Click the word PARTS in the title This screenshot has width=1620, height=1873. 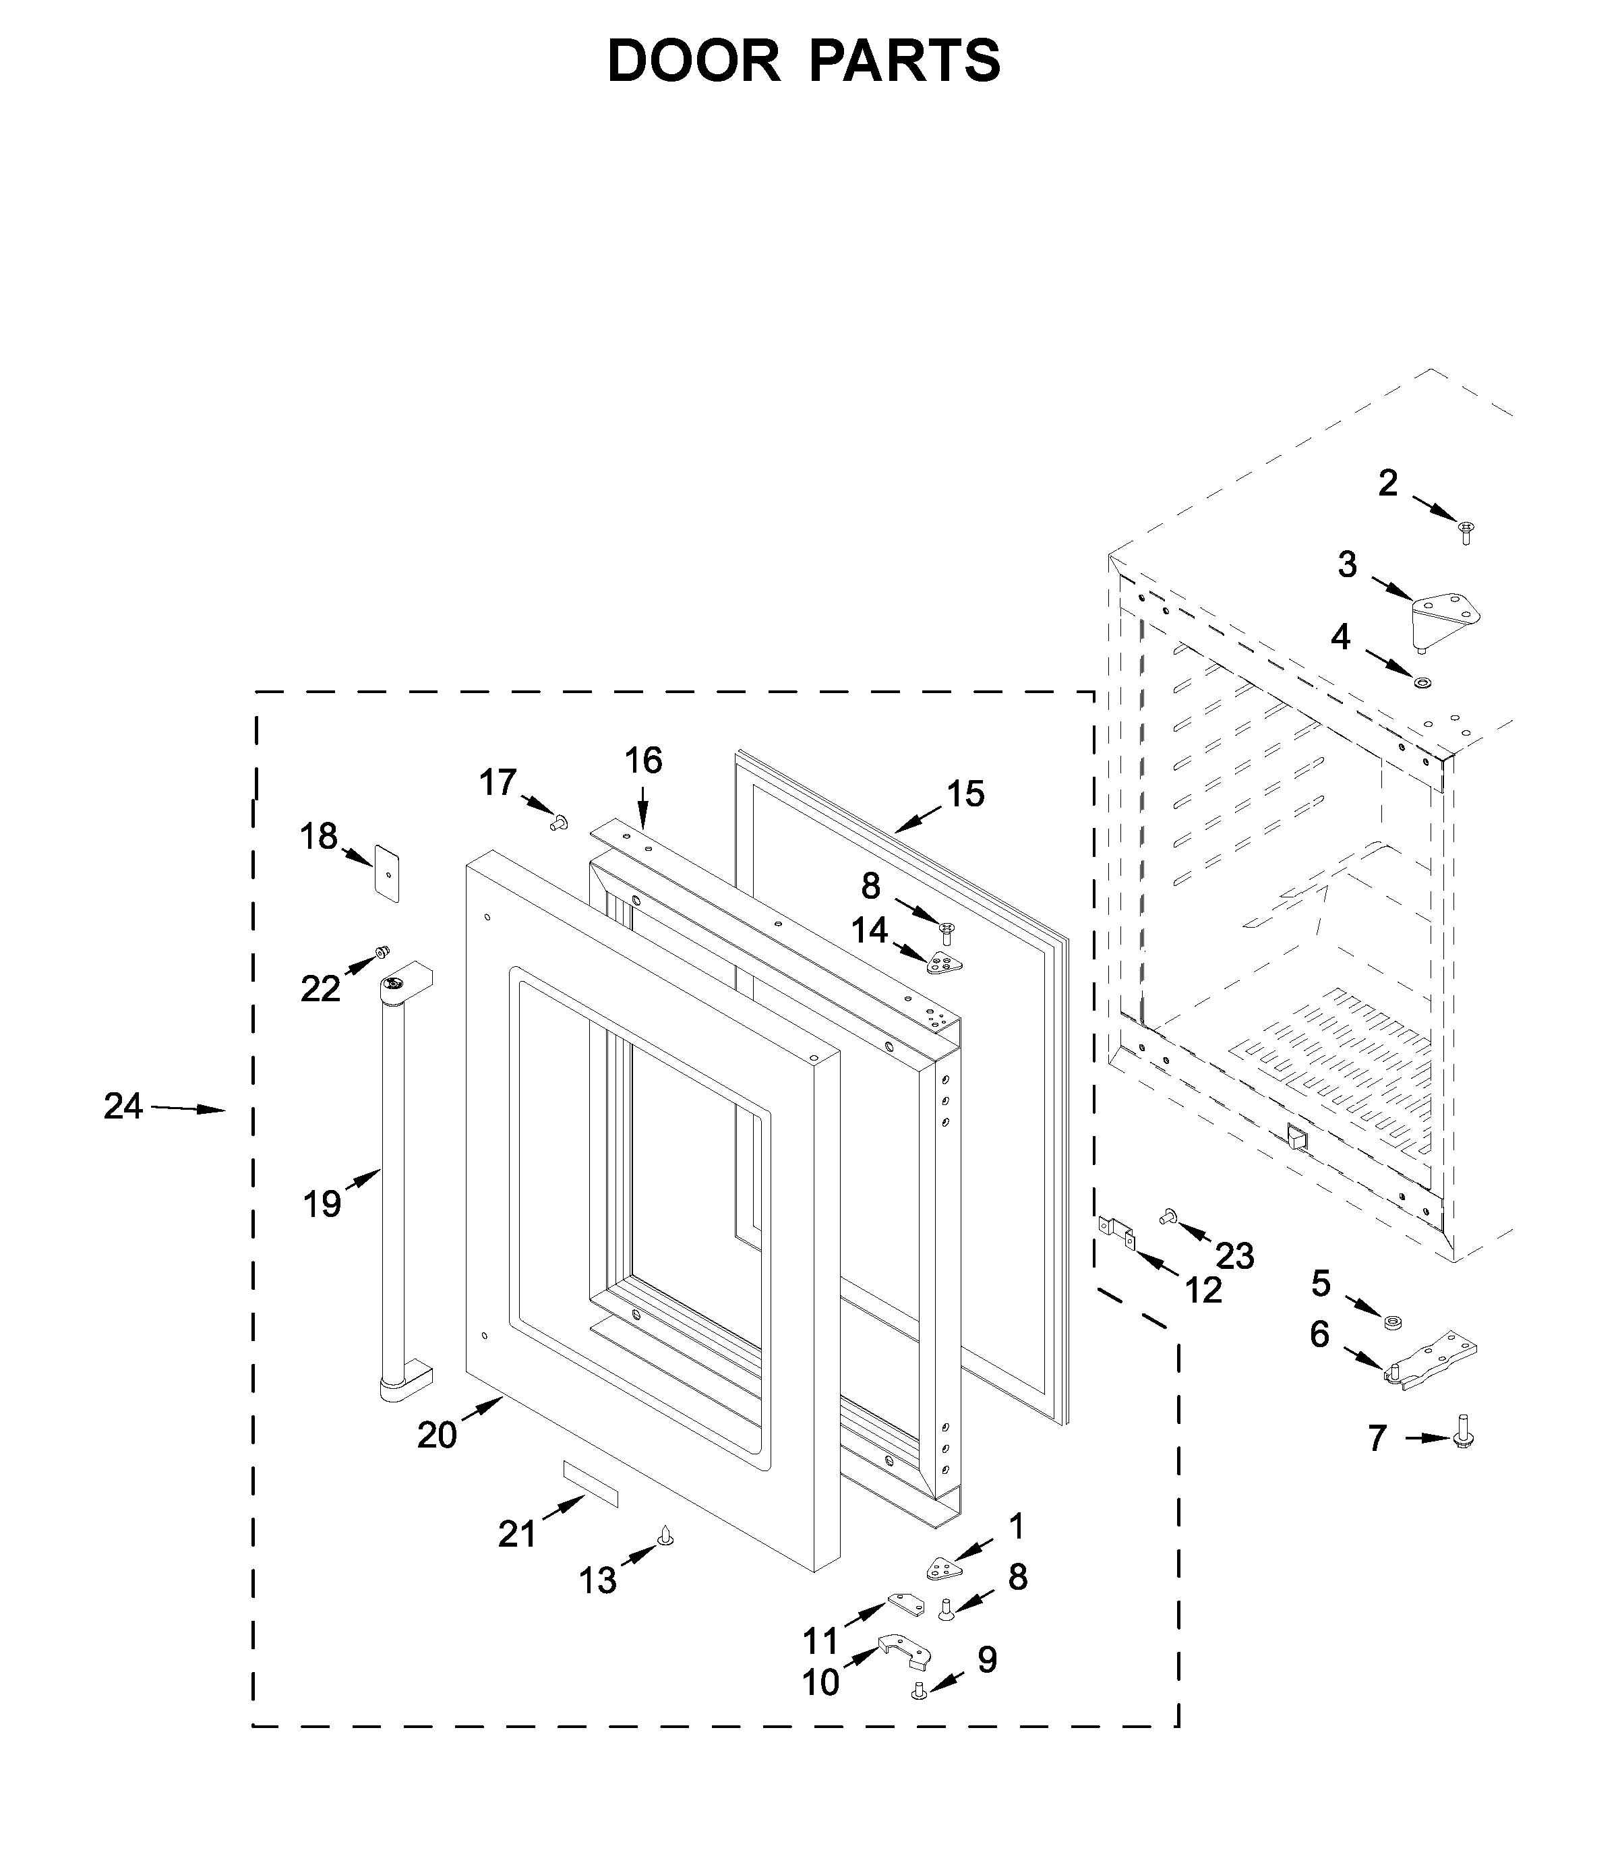pos(904,61)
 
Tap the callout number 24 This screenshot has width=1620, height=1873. pos(123,1106)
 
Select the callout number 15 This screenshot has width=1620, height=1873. pos(965,795)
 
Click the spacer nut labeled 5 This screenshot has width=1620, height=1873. pos(1393,1322)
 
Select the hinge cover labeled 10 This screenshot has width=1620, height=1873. pos(904,1653)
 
